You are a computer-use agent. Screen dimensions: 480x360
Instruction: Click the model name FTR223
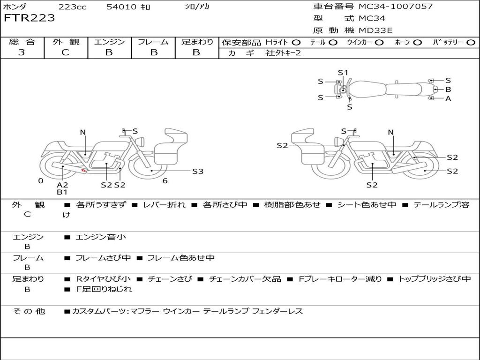coord(30,18)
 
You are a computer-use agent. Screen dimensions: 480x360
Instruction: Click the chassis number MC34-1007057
coord(396,7)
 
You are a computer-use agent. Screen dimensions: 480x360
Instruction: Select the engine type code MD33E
coord(375,30)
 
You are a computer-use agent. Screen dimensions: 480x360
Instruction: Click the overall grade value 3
coord(22,52)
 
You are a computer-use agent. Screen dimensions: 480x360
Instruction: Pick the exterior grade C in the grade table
coord(65,52)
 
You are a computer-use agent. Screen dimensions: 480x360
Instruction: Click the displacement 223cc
coord(73,7)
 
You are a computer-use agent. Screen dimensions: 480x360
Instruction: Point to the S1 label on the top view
coord(343,73)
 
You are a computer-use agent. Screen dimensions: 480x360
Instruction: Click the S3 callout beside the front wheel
coord(198,172)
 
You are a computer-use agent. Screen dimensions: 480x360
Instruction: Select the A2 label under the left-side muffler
coord(62,185)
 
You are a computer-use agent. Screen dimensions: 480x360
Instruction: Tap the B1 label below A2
coord(62,192)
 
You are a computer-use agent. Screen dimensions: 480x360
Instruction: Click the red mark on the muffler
coord(83,170)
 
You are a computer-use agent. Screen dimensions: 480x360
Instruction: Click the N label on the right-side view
coord(390,132)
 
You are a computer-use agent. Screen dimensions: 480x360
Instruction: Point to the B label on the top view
coord(448,90)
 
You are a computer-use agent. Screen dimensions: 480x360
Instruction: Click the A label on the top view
coord(448,98)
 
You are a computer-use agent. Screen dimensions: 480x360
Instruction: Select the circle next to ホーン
coord(418,43)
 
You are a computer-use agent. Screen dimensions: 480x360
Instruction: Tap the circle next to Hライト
coord(296,43)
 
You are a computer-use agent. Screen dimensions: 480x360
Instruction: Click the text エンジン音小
coord(101,237)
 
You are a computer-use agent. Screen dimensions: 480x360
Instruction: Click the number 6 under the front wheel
coord(165,181)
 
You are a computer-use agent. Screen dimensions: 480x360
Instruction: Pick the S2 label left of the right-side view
coord(282,145)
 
